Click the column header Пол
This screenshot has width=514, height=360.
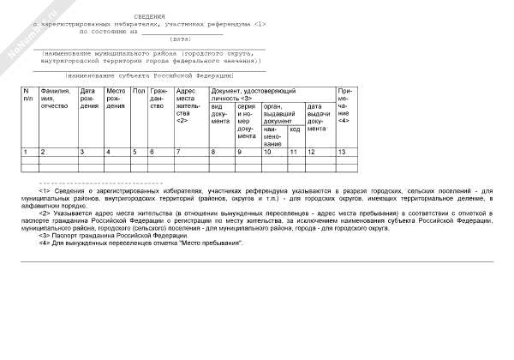pyautogui.click(x=138, y=90)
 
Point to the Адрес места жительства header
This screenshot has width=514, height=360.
pyautogui.click(x=188, y=105)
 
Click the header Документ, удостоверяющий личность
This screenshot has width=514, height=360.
pyautogui.click(x=254, y=93)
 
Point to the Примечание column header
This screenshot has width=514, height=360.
pyautogui.click(x=344, y=105)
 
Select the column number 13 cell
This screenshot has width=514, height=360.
pyautogui.click(x=343, y=152)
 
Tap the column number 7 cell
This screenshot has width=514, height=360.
pyautogui.click(x=178, y=152)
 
